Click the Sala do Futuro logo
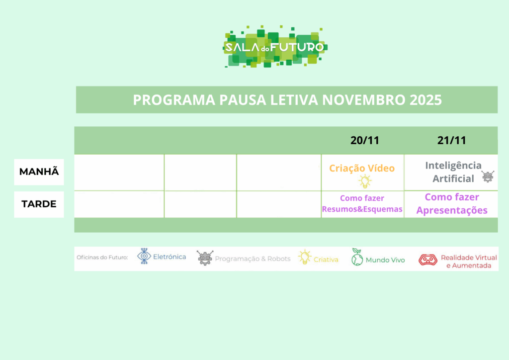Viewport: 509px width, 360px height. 275,46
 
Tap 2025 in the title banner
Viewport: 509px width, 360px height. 425,99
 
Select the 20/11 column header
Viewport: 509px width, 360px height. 365,140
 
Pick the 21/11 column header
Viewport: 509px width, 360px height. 451,140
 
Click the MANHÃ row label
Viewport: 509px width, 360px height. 39,172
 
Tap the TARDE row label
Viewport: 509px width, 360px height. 39,204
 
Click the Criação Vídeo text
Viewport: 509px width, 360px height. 362,168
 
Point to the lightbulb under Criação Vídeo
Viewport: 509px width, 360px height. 365,181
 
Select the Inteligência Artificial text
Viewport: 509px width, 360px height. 453,172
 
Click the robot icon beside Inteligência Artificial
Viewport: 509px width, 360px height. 488,177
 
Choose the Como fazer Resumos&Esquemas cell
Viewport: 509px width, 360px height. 362,203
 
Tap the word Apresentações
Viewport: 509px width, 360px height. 452,210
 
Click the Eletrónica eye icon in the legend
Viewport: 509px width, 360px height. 144,256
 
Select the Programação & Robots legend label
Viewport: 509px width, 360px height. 253,259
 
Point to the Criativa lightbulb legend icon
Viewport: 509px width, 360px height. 305,257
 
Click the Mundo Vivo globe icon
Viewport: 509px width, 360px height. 357,257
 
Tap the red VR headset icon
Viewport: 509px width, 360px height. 428,260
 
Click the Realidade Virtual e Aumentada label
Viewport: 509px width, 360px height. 469,262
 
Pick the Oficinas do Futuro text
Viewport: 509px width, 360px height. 102,258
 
